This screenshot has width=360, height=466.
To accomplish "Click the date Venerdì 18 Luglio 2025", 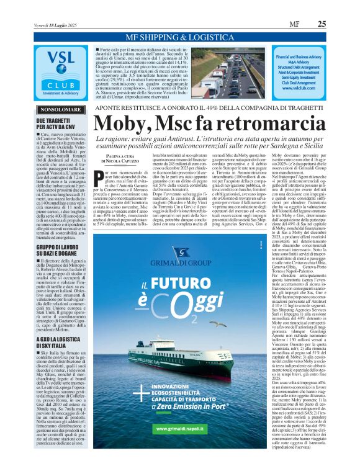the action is [56, 25].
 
